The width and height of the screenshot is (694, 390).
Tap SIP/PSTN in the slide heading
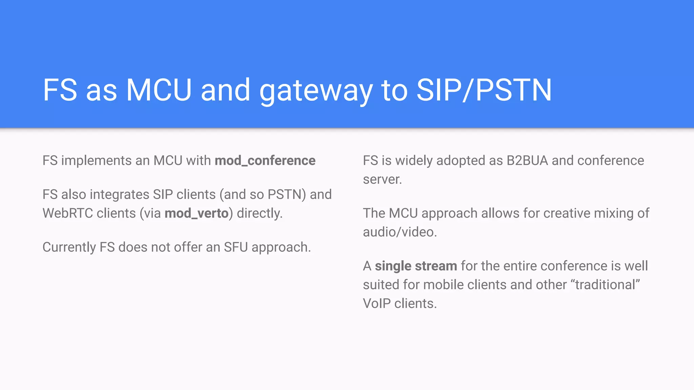[484, 90]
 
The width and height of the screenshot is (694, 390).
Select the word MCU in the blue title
[159, 90]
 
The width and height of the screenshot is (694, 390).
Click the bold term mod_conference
[265, 160]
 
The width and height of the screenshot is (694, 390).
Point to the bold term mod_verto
[197, 213]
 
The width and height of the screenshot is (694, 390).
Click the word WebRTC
[67, 213]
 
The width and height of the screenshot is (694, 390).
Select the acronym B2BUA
[527, 160]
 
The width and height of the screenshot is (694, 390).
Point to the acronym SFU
[236, 247]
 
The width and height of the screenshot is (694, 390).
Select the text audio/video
[400, 232]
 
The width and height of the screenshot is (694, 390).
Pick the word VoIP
[377, 304]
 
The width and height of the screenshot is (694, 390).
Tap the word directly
[260, 213]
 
